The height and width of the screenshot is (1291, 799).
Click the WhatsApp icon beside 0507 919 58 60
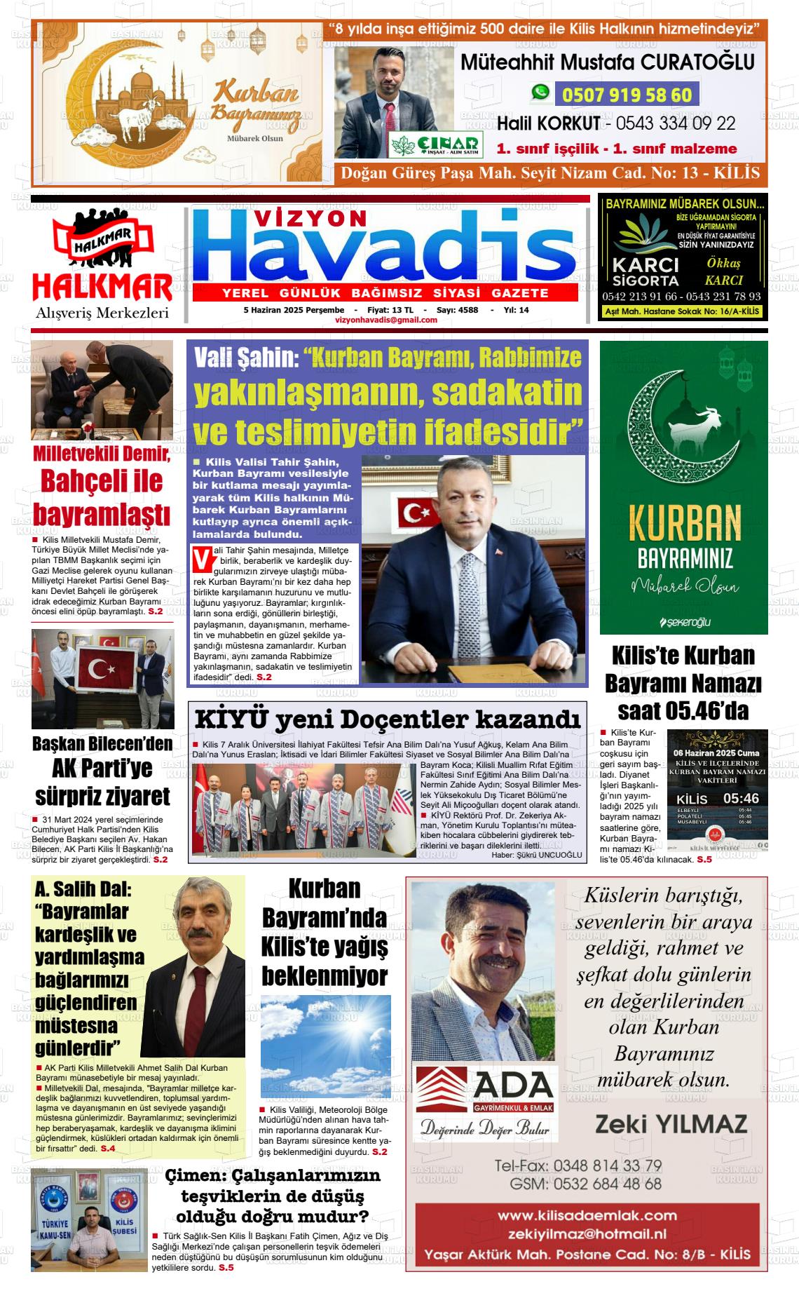coord(540,93)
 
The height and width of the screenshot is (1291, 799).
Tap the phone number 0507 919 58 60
coord(627,95)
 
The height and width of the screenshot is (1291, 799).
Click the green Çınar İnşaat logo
coord(435,145)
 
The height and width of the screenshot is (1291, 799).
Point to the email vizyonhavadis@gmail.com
coord(386,320)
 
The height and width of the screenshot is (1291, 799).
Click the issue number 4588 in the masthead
coord(467,309)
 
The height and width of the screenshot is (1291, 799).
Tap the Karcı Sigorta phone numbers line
coord(681,297)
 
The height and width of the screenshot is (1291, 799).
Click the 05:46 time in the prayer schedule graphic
coord(741,799)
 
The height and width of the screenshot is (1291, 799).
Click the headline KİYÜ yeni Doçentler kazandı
coord(388,719)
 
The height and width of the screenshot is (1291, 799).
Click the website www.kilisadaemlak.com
coord(587,1216)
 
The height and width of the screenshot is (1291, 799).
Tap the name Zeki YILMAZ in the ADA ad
coord(671,1125)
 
